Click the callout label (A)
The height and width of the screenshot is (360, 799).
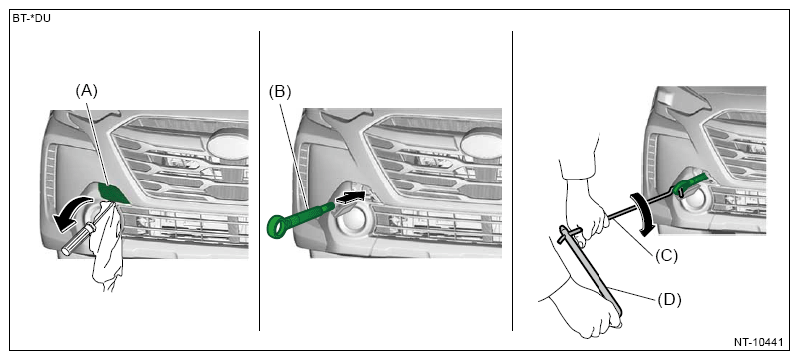[x=86, y=91]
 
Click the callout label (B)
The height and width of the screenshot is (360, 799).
[x=279, y=92]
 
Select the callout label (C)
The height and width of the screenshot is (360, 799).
[x=667, y=256]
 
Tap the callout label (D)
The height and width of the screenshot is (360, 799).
[x=669, y=300]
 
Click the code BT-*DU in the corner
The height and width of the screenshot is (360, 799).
[x=32, y=19]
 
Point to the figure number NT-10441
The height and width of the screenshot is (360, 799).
[x=758, y=343]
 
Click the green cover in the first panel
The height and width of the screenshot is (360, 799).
[x=114, y=193]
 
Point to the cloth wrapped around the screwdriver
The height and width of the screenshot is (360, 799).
[x=106, y=247]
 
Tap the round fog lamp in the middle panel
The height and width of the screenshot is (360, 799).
[x=350, y=223]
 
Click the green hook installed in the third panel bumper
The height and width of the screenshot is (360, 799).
[x=690, y=184]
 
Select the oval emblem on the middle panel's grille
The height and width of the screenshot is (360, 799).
[x=481, y=142]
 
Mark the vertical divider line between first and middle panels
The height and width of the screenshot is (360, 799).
[x=260, y=180]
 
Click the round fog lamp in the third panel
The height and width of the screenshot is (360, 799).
[x=695, y=200]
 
